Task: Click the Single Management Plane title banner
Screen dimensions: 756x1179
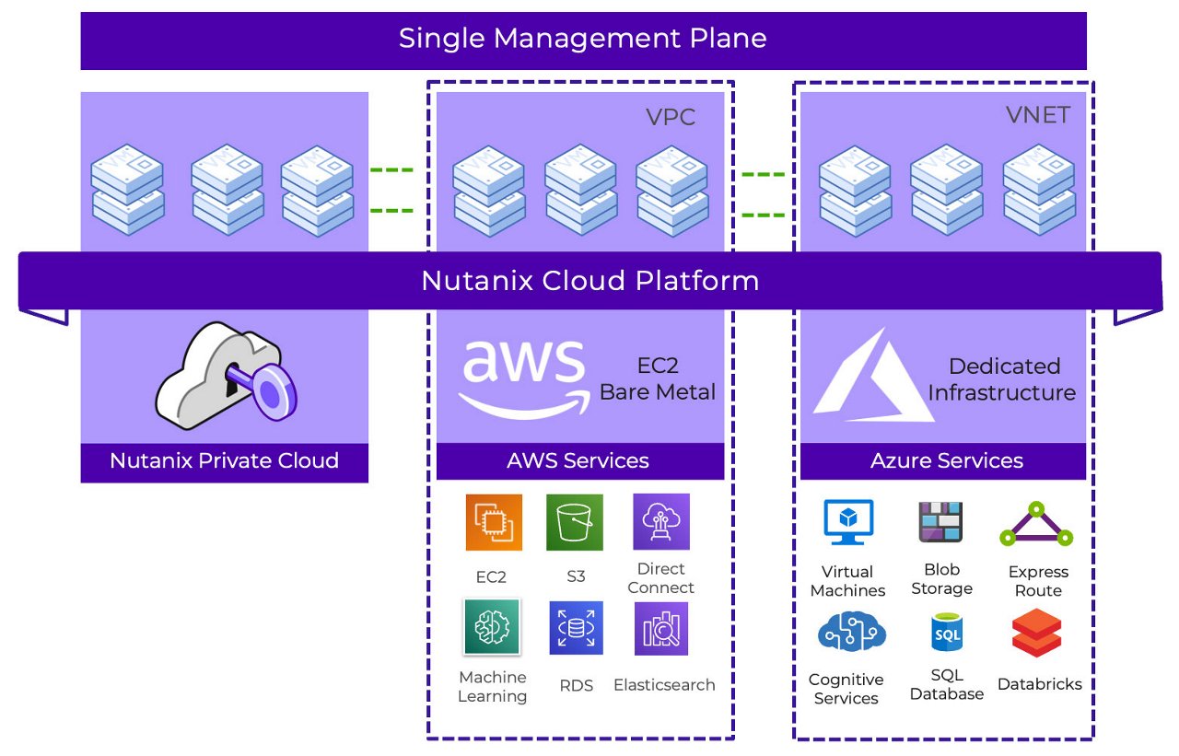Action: (x=583, y=40)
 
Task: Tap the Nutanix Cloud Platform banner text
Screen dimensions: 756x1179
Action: (x=589, y=280)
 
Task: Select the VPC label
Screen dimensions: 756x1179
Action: (x=670, y=117)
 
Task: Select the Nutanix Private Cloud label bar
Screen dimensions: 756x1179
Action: (x=224, y=460)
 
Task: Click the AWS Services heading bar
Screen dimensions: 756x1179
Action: (x=578, y=460)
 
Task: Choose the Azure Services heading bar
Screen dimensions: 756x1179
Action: (x=946, y=460)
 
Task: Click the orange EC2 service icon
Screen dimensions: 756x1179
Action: (x=494, y=522)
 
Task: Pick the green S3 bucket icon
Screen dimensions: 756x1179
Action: (x=575, y=522)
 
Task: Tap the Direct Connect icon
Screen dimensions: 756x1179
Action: (x=660, y=521)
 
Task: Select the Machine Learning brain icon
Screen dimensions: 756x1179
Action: (x=492, y=627)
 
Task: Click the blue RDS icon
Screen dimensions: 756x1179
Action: (x=576, y=628)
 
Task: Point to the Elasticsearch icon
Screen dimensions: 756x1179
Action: (x=661, y=629)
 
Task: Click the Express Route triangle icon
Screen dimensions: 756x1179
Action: (x=1036, y=525)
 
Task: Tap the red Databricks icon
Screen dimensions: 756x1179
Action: (x=1036, y=633)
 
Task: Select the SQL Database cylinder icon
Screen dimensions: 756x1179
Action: (x=946, y=633)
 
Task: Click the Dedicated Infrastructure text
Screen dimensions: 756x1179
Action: (x=1002, y=379)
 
